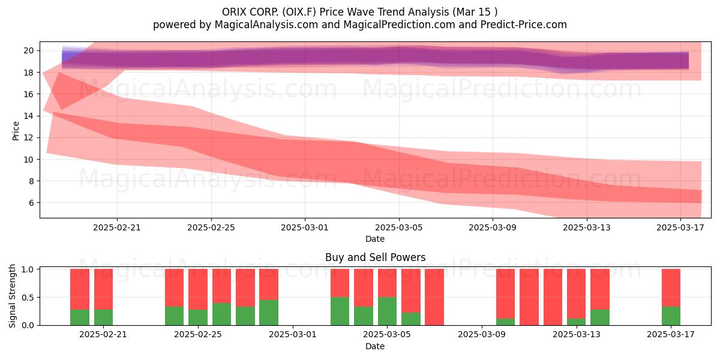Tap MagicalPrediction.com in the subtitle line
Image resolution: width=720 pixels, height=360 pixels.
coord(399,25)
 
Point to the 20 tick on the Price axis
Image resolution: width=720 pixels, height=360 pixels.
coord(28,50)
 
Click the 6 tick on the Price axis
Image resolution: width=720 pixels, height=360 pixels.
coord(31,203)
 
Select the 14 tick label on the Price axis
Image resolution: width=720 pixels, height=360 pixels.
coord(28,116)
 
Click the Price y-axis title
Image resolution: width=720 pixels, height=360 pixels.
coord(16,131)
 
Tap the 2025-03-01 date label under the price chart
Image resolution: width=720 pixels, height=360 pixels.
coord(305,227)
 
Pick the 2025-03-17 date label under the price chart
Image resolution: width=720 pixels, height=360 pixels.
coord(680,227)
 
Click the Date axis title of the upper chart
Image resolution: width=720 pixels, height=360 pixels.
coord(375,239)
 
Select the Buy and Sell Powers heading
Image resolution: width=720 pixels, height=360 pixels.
coord(375,257)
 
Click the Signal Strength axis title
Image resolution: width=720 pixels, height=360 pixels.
coord(12,296)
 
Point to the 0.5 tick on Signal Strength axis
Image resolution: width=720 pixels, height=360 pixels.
coord(28,298)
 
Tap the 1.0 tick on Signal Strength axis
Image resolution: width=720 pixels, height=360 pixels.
coord(28,269)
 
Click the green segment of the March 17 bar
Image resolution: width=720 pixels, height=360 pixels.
coord(671,316)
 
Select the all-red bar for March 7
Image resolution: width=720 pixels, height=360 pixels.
coord(434,298)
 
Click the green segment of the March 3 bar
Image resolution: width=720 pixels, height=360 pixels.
coord(340,311)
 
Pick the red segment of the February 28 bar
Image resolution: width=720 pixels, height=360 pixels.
coord(269,284)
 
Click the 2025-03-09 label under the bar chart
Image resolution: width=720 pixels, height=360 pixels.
coord(481,335)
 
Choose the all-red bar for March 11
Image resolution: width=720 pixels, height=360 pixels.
coord(529,298)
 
